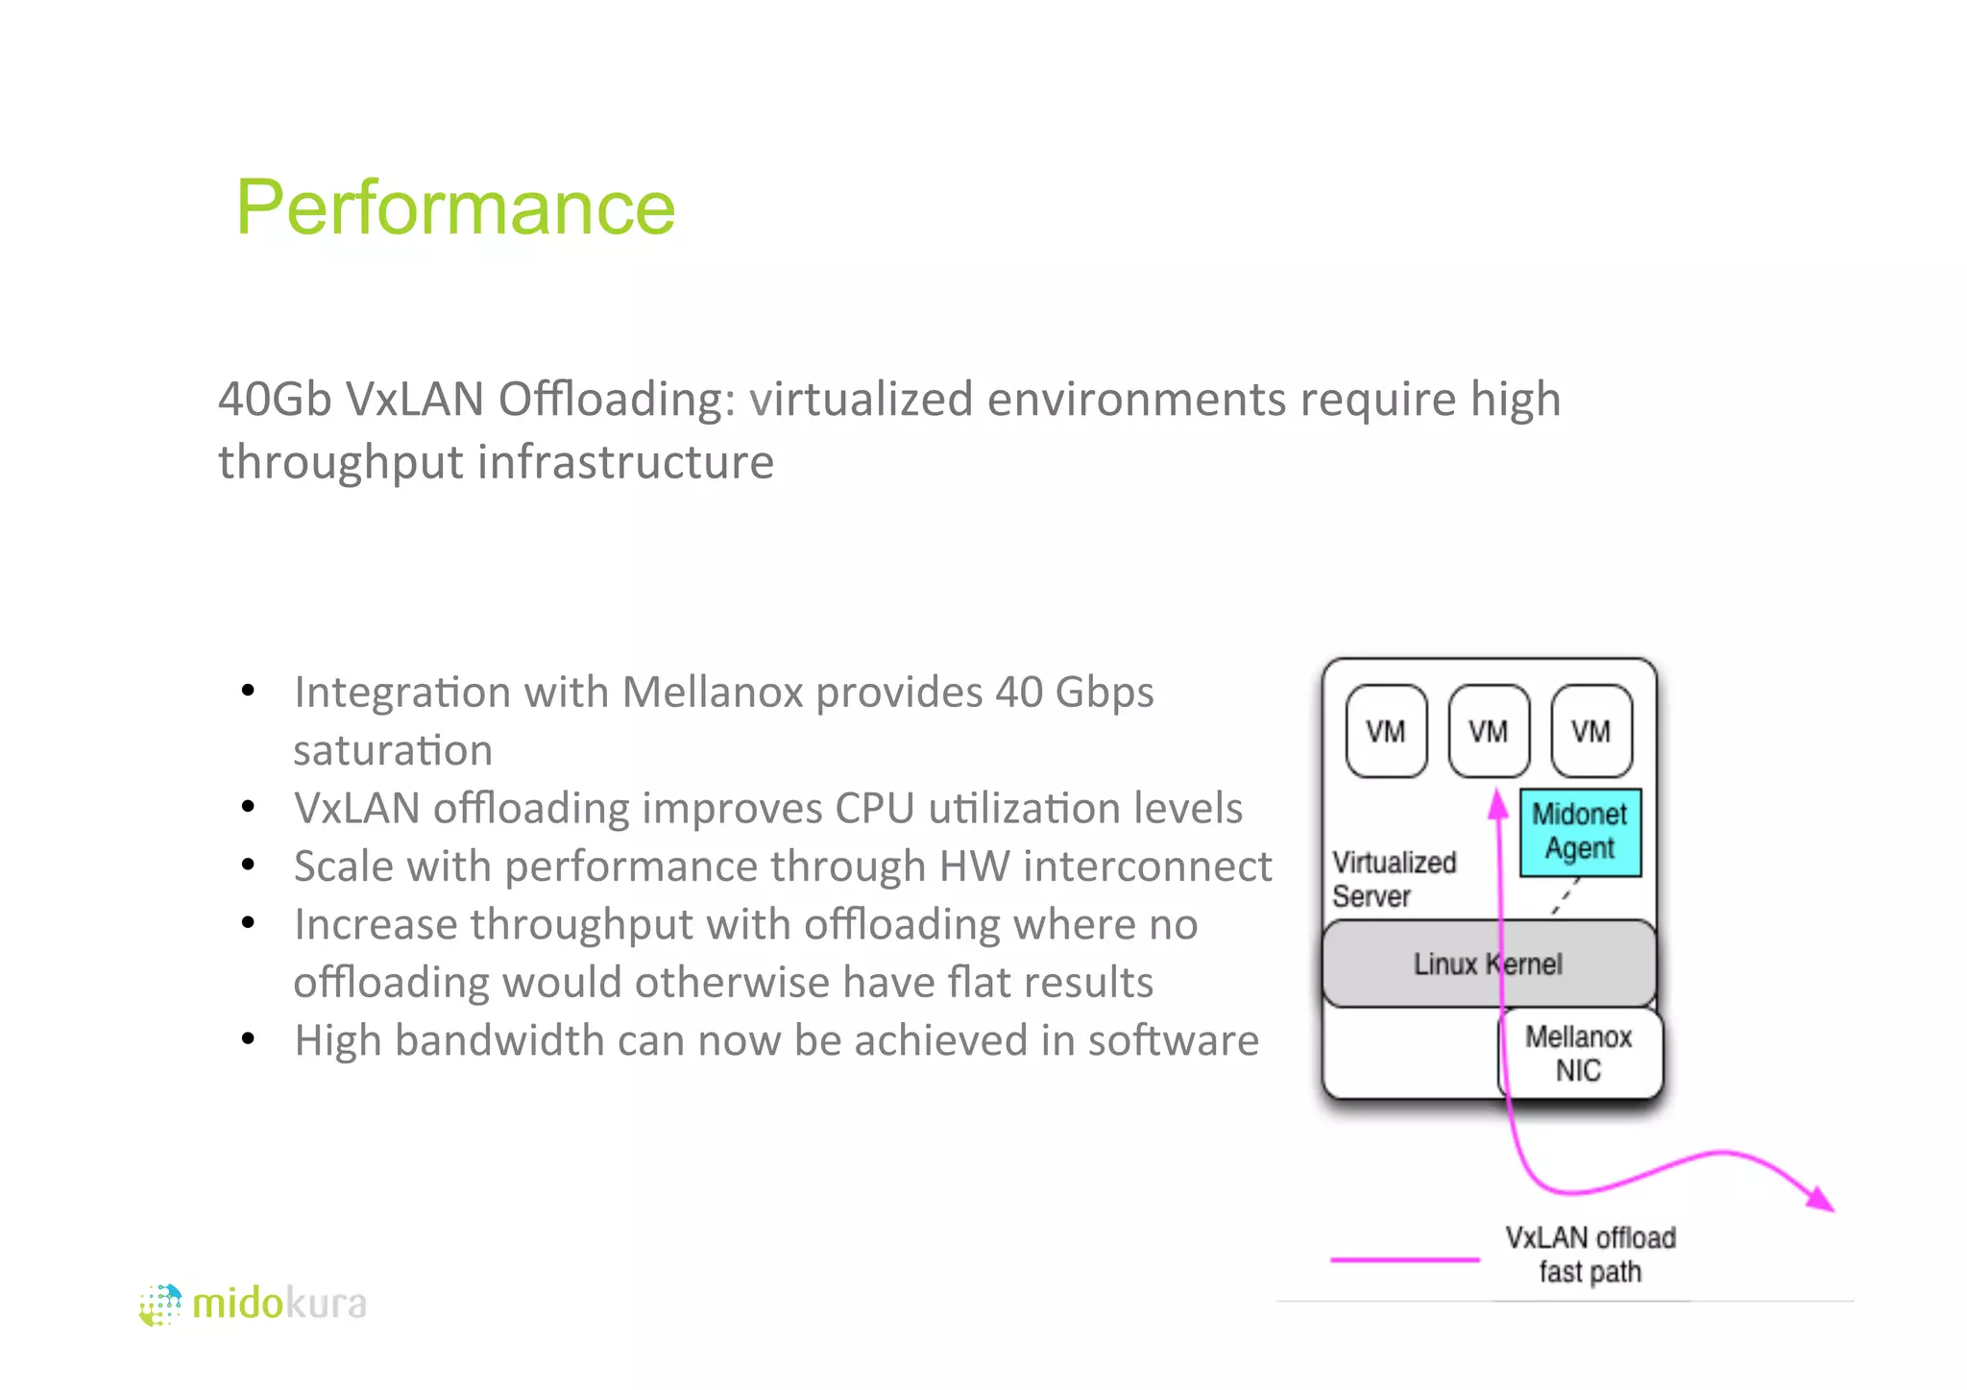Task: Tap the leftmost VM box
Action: coord(1386,731)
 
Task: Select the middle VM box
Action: coord(1489,731)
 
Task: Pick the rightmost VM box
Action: coord(1591,731)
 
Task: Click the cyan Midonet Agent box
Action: coord(1580,832)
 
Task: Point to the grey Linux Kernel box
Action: coord(1421,963)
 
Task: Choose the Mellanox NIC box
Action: coord(1580,1053)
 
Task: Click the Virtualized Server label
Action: coord(1393,879)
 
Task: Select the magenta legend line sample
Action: coord(1404,1259)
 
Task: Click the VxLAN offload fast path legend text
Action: coord(1591,1255)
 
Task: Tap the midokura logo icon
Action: coord(159,1305)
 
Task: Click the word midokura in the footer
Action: coord(279,1305)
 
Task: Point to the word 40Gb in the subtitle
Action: coord(275,399)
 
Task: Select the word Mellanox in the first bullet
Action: coord(713,692)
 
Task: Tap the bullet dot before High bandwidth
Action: coord(249,1038)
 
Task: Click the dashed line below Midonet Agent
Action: coord(1565,898)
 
